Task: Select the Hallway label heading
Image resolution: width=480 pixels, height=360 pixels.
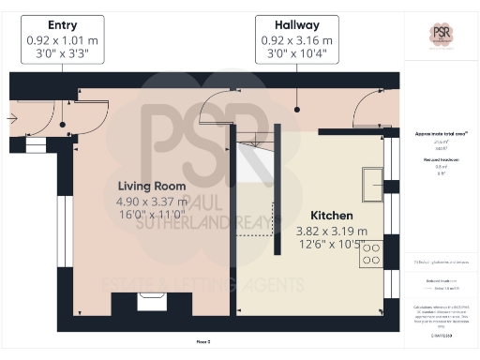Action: click(x=295, y=24)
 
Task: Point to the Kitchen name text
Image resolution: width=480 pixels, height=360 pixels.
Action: click(x=332, y=215)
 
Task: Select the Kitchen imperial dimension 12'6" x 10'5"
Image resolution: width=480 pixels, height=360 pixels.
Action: click(x=332, y=245)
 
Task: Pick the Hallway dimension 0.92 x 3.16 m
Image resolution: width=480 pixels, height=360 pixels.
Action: click(x=295, y=40)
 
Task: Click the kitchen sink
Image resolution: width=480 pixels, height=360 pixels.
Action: click(x=372, y=178)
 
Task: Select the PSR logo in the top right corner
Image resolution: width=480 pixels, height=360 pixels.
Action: click(x=441, y=34)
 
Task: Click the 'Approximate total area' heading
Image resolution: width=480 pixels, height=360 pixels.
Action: click(x=441, y=133)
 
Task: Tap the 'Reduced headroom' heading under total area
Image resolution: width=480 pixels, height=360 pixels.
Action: click(x=441, y=159)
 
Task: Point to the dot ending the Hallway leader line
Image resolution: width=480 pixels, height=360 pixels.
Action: click(x=295, y=109)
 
